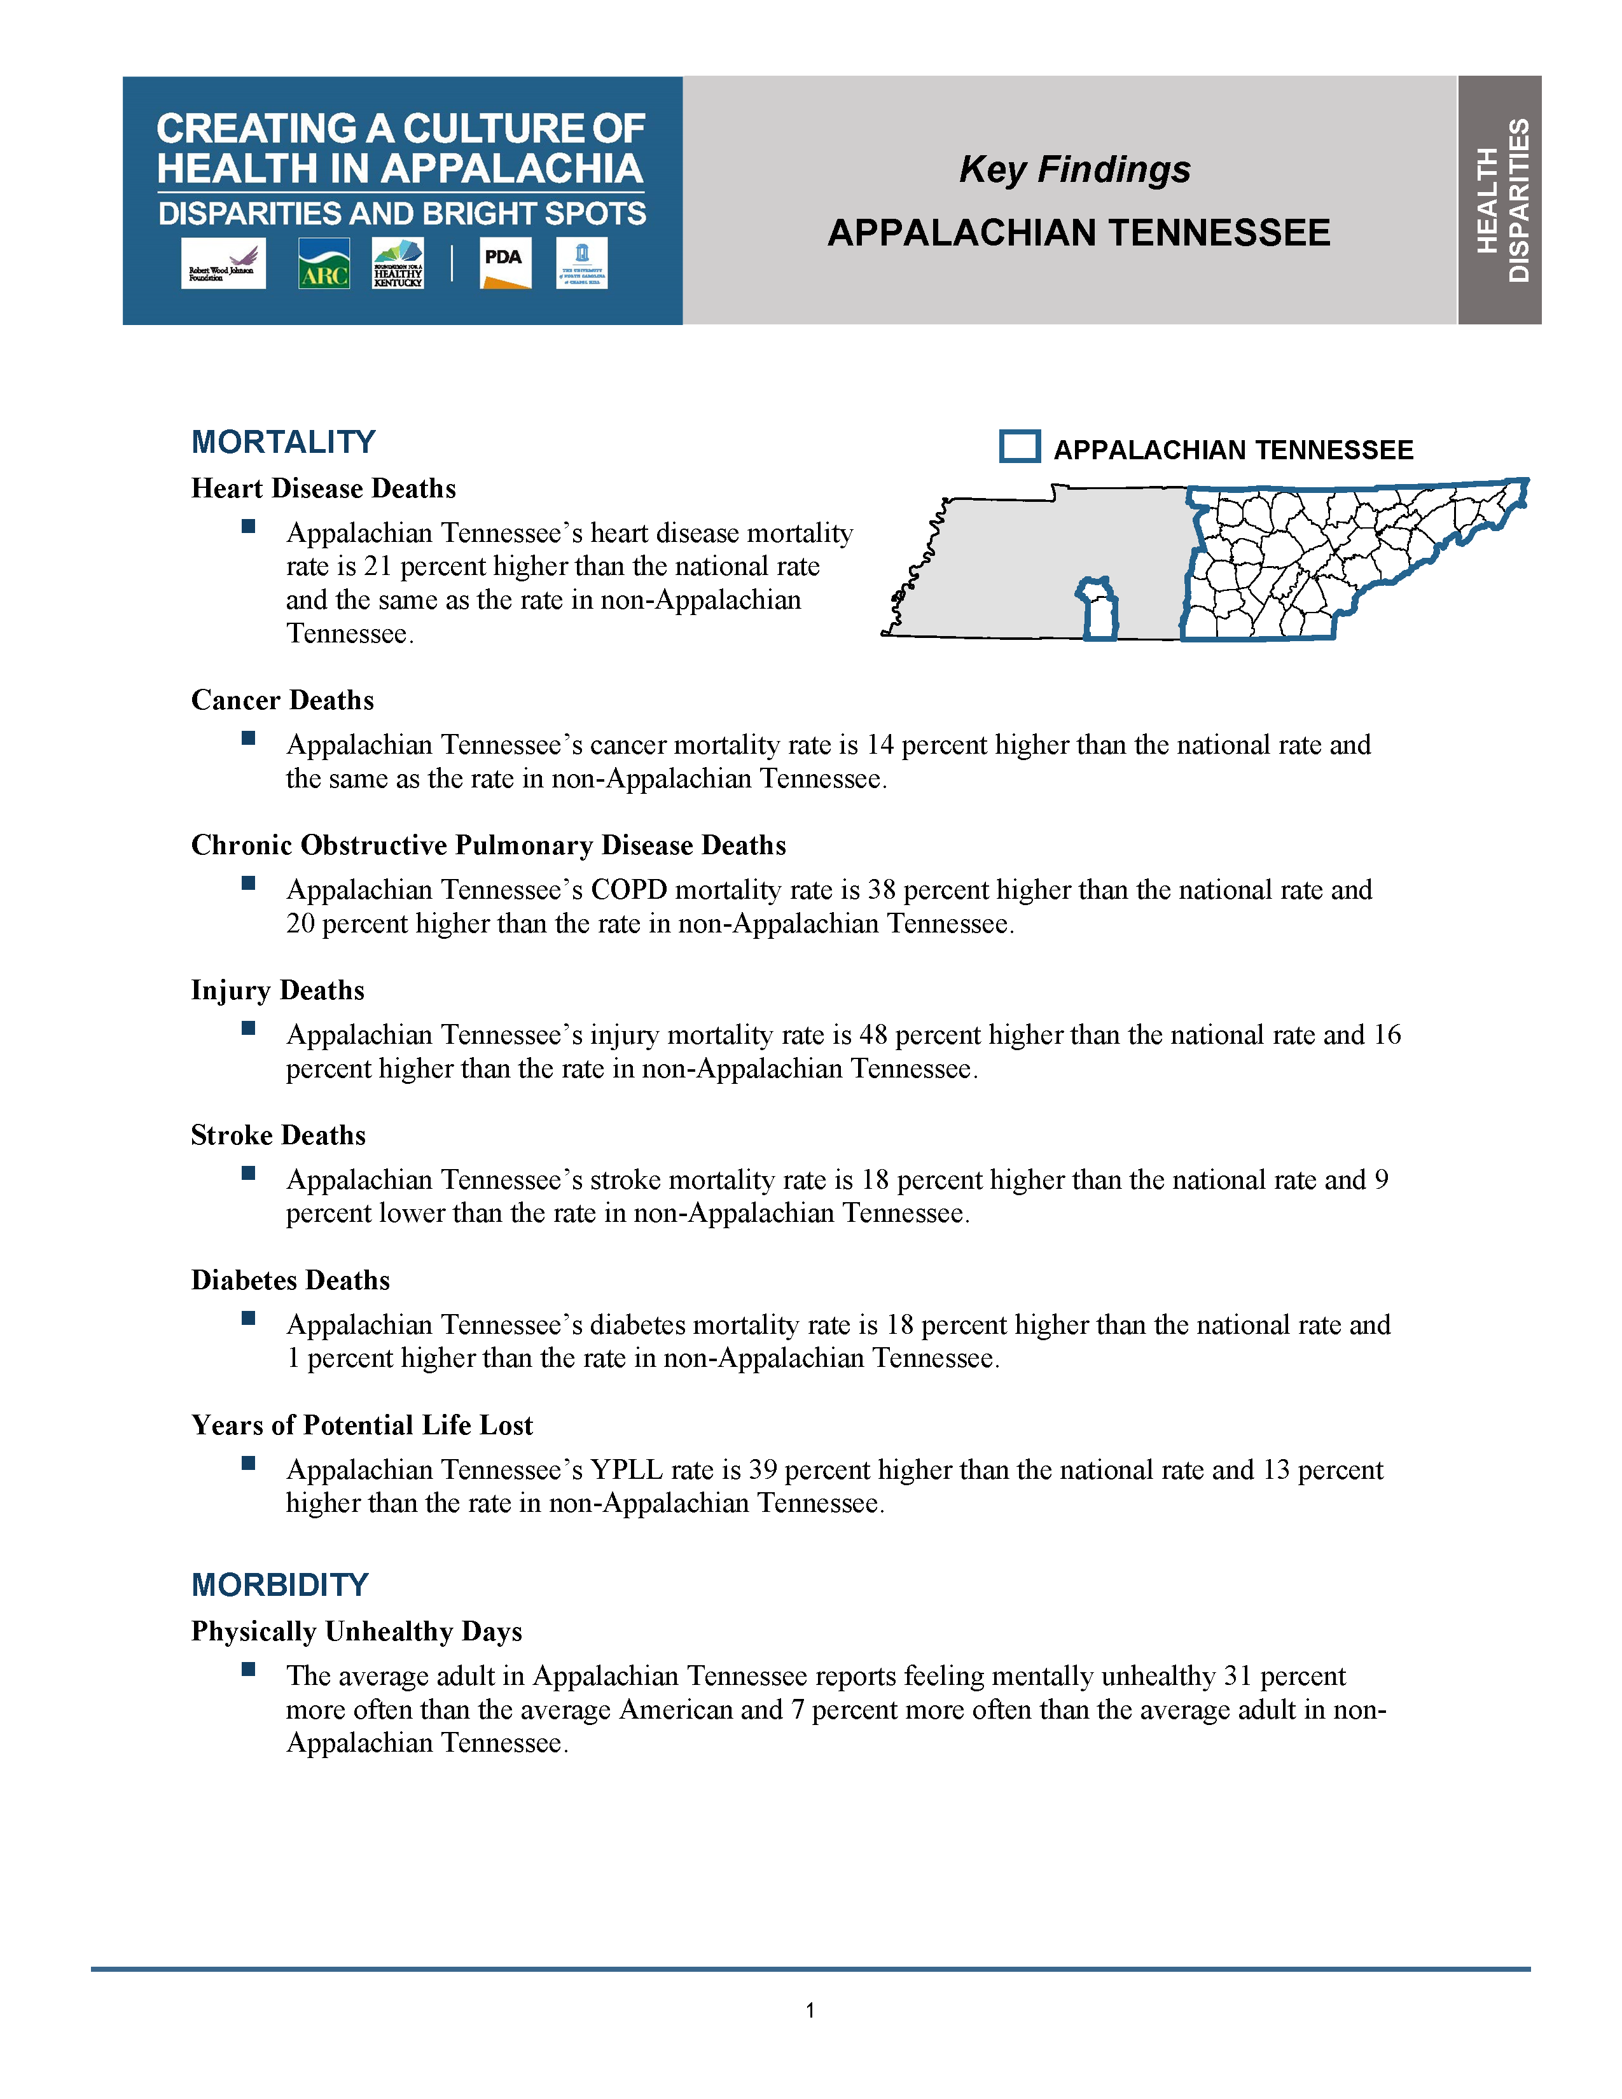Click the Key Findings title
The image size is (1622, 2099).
pyautogui.click(x=1074, y=169)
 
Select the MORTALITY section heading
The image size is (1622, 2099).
pyautogui.click(x=284, y=442)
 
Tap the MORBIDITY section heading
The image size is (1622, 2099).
pyautogui.click(x=280, y=1585)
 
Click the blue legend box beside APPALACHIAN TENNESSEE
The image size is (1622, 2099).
pyautogui.click(x=1020, y=447)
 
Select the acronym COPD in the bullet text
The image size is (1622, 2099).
pyautogui.click(x=628, y=890)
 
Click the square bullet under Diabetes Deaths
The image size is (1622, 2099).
pyautogui.click(x=248, y=1319)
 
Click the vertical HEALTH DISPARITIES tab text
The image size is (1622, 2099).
pyautogui.click(x=1501, y=200)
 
